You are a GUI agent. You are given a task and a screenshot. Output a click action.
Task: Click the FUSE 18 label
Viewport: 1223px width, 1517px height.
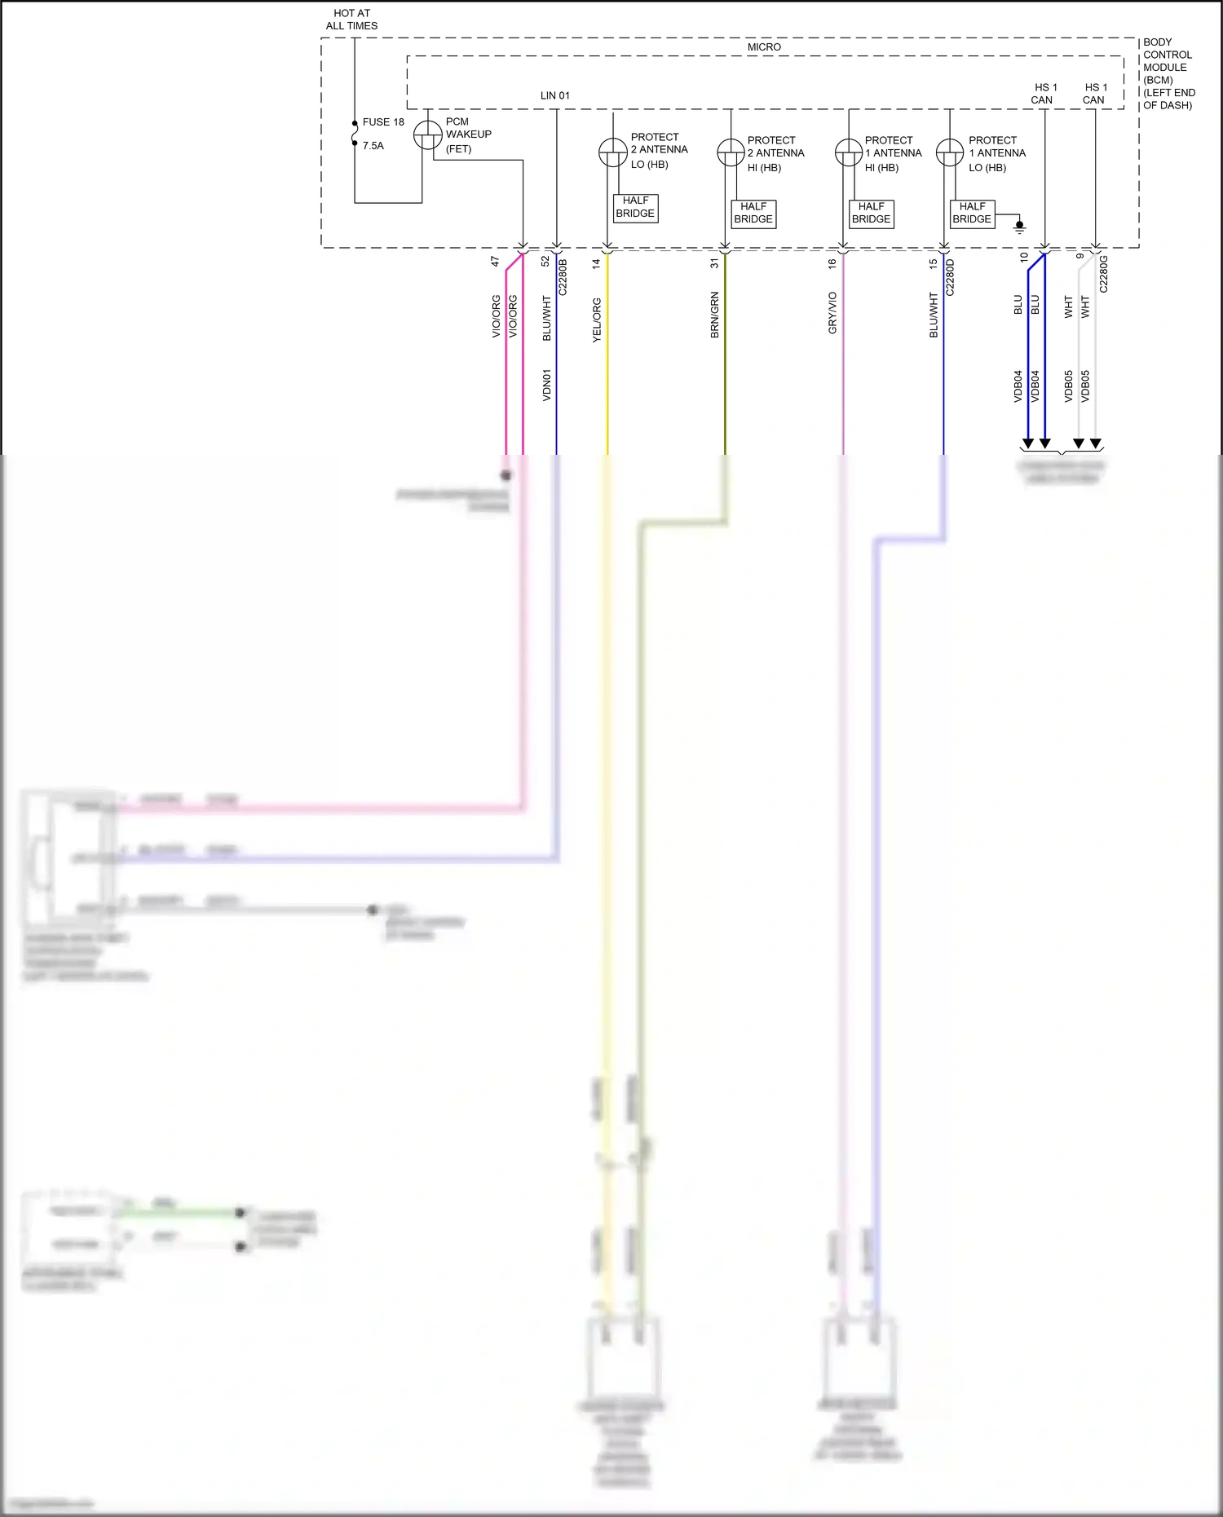tap(382, 122)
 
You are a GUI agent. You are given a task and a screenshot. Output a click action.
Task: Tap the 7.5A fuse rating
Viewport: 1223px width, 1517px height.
tap(373, 146)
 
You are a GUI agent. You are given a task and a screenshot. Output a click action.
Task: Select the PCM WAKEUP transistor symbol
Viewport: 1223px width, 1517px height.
tap(427, 135)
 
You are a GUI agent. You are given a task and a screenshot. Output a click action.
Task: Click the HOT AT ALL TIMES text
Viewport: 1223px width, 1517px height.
tap(351, 20)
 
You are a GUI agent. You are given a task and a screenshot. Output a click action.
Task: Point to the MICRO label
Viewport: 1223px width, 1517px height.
tap(764, 47)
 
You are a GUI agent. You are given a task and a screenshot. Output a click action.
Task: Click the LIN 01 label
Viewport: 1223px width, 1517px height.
tap(555, 95)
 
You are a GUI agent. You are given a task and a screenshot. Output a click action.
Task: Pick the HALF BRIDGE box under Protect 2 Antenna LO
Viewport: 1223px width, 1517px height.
tap(635, 207)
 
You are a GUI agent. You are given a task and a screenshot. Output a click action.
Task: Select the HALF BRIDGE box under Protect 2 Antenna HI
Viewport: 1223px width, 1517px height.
tap(753, 213)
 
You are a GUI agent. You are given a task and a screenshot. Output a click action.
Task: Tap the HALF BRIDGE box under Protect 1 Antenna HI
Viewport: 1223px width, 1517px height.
tap(871, 213)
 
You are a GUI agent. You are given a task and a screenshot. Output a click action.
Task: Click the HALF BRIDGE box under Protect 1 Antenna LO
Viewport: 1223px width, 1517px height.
tap(972, 213)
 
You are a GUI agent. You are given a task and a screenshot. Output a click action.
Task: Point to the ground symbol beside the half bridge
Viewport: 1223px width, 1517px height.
tap(1019, 227)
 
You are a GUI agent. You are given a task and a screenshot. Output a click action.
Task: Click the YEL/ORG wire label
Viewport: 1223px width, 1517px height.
tap(597, 320)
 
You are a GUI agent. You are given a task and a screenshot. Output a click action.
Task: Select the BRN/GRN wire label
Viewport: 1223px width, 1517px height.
tap(715, 315)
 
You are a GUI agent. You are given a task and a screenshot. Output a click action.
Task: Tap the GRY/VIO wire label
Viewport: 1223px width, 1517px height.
tap(832, 313)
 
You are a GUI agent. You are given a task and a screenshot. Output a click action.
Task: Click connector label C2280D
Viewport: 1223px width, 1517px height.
tap(950, 277)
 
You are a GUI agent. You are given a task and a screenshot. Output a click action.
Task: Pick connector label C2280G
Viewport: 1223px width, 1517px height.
tap(1103, 274)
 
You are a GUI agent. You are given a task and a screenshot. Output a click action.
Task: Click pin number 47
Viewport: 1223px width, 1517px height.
tap(495, 262)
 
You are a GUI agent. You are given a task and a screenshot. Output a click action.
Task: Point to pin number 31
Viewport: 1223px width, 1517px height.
tap(715, 263)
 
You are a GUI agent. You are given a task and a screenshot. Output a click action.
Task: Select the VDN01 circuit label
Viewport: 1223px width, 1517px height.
tap(547, 385)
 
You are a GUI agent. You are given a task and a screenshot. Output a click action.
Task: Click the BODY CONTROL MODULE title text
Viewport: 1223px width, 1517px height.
tap(1168, 73)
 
